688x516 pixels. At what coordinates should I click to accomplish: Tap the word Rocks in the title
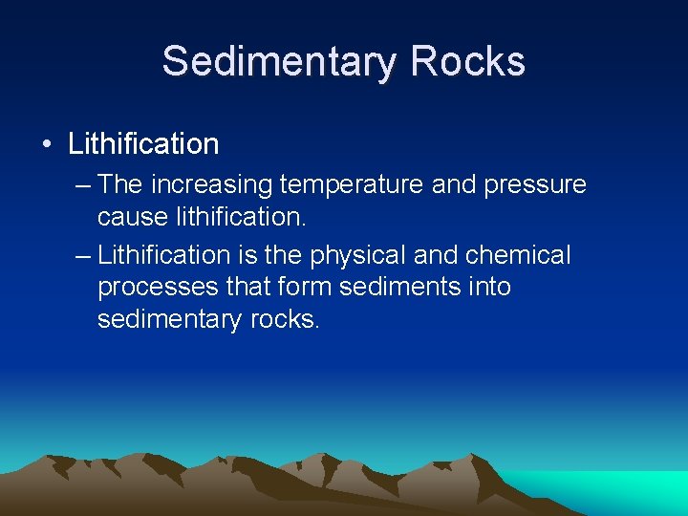468,61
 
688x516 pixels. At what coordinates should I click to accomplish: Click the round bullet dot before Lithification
46,145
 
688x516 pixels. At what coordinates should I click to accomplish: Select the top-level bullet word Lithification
143,144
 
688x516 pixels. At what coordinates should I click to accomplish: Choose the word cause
133,218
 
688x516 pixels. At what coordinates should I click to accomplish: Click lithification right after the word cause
241,217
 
